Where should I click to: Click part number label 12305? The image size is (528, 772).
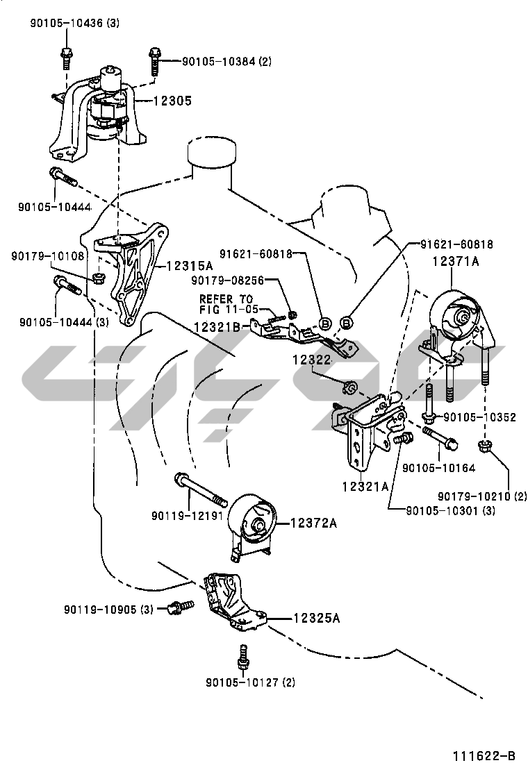pos(172,101)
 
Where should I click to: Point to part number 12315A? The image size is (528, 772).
pos(190,266)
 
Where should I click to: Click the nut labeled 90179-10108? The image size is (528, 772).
pos(99,279)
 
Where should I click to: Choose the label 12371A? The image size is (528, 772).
pos(456,262)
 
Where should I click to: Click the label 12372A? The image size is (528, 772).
pos(313,523)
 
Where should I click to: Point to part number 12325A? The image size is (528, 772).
pos(316,618)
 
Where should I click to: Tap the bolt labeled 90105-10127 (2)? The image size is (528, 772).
pos(242,656)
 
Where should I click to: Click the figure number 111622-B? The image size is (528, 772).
pos(484,755)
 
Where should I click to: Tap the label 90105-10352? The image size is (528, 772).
pos(479,417)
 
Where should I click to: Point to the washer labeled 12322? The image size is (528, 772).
pos(350,385)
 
